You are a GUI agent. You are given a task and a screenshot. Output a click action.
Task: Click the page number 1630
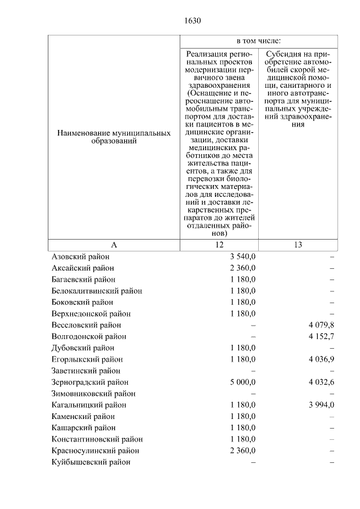click(192, 21)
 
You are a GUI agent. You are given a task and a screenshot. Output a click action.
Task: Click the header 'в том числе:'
click(258, 41)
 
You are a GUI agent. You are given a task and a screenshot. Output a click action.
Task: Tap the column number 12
click(219, 245)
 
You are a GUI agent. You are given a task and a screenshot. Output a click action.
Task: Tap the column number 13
click(298, 245)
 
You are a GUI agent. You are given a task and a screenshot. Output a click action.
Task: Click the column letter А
click(114, 245)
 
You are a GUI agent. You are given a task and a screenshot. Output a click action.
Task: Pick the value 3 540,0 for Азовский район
click(242, 256)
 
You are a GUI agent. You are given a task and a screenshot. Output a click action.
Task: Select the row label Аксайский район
click(82, 268)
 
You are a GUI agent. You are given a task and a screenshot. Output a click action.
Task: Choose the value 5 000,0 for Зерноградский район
click(242, 382)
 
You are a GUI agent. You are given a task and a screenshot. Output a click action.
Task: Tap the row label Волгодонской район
click(88, 336)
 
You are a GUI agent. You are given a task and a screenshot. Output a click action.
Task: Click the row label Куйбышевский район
click(91, 462)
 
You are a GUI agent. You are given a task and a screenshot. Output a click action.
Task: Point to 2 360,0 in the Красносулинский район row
click(242, 451)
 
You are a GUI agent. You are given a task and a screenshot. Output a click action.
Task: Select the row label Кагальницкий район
click(88, 405)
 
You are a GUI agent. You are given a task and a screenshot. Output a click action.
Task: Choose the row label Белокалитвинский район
click(96, 291)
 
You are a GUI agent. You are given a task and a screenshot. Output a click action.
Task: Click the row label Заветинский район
click(85, 371)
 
